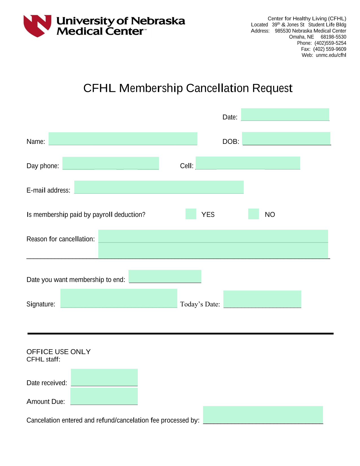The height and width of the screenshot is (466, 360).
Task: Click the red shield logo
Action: point(37,26)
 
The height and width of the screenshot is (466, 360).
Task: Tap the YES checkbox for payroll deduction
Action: point(191,214)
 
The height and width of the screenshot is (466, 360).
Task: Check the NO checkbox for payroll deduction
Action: point(253,214)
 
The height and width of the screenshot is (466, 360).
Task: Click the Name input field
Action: point(123,138)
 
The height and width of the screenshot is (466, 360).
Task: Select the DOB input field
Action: point(286,138)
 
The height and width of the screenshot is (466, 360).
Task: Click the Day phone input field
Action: point(110,163)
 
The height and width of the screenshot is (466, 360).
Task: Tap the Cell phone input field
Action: point(248,163)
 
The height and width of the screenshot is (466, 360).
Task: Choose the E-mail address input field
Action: point(159,187)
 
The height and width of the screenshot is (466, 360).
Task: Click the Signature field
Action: point(119,298)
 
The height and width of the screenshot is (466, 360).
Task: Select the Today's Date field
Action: point(262,299)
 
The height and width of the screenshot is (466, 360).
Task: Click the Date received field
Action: point(104,377)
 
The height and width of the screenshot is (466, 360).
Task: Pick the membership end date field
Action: point(165,276)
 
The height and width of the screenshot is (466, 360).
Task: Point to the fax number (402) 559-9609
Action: point(330,49)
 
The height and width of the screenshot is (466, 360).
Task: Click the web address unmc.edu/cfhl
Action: point(331,55)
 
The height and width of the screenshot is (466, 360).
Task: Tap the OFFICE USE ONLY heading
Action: point(58,352)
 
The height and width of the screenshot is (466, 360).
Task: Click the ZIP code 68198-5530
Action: point(333,37)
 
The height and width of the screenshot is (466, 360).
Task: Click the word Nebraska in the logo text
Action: point(158,21)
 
